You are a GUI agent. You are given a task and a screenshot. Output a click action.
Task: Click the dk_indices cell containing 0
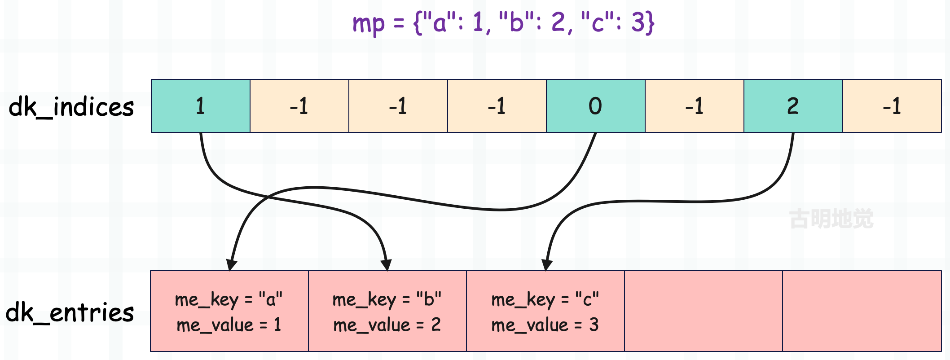point(596,106)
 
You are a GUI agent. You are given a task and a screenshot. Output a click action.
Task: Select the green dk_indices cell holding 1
point(201,106)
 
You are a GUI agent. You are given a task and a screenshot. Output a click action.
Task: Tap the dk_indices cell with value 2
point(793,106)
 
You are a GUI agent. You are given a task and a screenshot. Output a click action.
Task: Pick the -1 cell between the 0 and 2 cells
point(695,106)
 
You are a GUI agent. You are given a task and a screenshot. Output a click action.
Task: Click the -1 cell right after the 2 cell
point(892,106)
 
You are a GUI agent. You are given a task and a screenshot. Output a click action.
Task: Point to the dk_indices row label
point(71,107)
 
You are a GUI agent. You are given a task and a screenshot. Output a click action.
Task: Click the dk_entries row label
point(70,312)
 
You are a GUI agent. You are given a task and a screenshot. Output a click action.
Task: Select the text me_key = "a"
point(229,299)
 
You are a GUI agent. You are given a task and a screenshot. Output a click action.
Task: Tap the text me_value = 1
point(229,325)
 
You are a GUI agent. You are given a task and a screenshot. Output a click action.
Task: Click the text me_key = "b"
point(387,299)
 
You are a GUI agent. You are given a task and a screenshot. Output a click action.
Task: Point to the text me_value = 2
point(387,325)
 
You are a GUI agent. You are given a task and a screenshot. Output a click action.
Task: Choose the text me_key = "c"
point(545,299)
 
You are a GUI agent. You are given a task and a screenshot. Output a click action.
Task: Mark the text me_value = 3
point(545,325)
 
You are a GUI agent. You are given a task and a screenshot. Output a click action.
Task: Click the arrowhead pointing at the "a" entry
point(231,265)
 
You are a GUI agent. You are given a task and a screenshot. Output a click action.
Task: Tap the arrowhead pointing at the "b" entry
point(387,265)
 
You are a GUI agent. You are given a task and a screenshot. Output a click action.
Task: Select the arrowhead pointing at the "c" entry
point(546,265)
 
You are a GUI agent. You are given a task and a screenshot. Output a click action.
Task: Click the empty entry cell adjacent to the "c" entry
point(704,311)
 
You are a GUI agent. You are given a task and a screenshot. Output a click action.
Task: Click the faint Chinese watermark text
point(831,219)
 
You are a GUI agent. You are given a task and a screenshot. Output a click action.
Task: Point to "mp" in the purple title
point(369,24)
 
